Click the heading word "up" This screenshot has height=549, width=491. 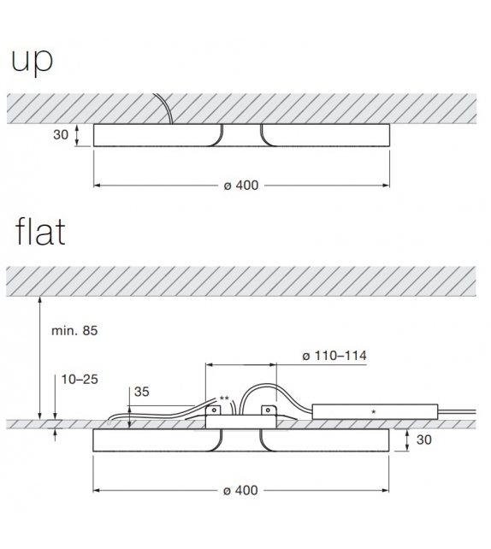pos(31,61)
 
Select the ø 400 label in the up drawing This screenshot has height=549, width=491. pos(240,186)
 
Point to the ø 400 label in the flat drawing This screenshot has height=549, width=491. pos(240,491)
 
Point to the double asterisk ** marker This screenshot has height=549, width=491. pos(224,399)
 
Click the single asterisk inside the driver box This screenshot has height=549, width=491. pos(374,412)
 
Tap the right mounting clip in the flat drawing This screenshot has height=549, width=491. pos(269,412)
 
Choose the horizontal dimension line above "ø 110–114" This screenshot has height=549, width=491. pos(287,363)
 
